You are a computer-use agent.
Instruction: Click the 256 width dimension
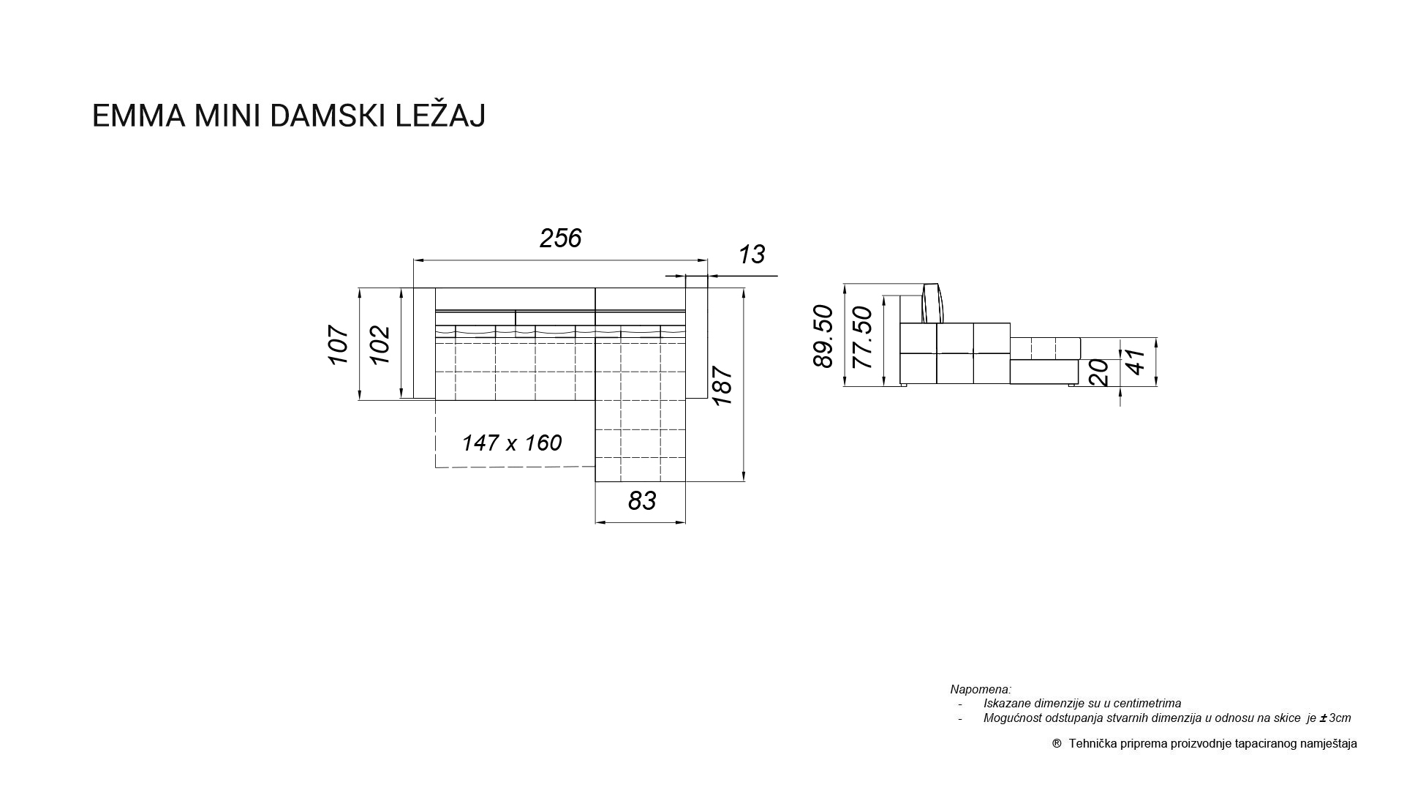(x=560, y=238)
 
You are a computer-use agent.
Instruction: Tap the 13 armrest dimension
(x=752, y=255)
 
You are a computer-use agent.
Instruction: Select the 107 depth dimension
(x=338, y=345)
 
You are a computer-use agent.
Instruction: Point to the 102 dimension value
(x=380, y=345)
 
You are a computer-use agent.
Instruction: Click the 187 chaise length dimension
(x=722, y=385)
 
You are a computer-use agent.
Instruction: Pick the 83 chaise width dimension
(x=642, y=501)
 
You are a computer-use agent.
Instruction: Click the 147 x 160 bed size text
(x=512, y=443)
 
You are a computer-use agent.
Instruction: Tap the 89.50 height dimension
(x=823, y=336)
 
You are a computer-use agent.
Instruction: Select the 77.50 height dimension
(x=863, y=337)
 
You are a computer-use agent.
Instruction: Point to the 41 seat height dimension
(x=1136, y=362)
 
